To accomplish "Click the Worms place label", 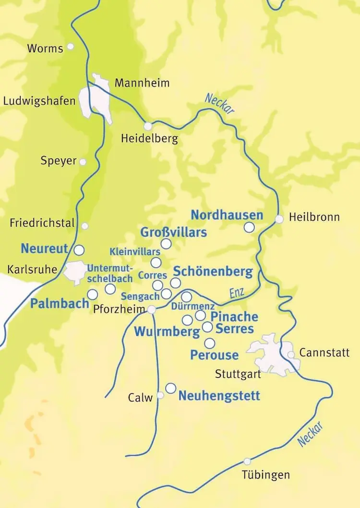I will pyautogui.click(x=45, y=48).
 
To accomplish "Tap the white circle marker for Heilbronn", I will pyautogui.click(x=279, y=219).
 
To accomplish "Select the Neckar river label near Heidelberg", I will pyautogui.click(x=219, y=103).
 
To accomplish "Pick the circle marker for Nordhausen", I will pyautogui.click(x=249, y=227).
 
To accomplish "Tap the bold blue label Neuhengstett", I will pyautogui.click(x=219, y=396).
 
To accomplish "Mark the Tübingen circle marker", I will pyautogui.click(x=247, y=461).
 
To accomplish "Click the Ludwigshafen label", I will pyautogui.click(x=39, y=101).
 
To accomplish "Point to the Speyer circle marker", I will pyautogui.click(x=83, y=162).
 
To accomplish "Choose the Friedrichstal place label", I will pyautogui.click(x=42, y=223).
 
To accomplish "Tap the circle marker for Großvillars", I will pyautogui.click(x=166, y=244).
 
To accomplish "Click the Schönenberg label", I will pyautogui.click(x=212, y=272).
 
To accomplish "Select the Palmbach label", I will pyautogui.click(x=60, y=303).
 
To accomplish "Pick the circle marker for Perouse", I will pyautogui.click(x=210, y=343).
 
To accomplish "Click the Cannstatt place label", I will pyautogui.click(x=324, y=353).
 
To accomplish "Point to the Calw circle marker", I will pyautogui.click(x=160, y=395).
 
